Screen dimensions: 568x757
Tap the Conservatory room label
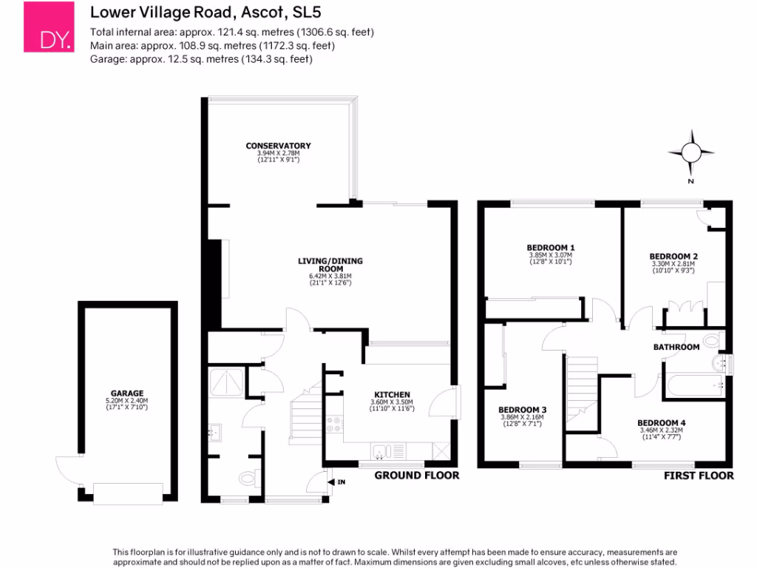278,146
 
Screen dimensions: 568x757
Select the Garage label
127,393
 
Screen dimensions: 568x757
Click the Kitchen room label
392,394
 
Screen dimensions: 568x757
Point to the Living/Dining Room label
330,266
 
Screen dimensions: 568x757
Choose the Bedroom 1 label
551,247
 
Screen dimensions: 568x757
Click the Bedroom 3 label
522,410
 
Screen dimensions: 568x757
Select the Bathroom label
676,347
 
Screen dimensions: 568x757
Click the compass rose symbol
690,153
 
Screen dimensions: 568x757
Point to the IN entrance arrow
331,482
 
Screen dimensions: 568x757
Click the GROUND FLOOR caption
416,476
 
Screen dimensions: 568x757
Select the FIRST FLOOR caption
698,476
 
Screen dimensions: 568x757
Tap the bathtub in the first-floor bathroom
693,385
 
